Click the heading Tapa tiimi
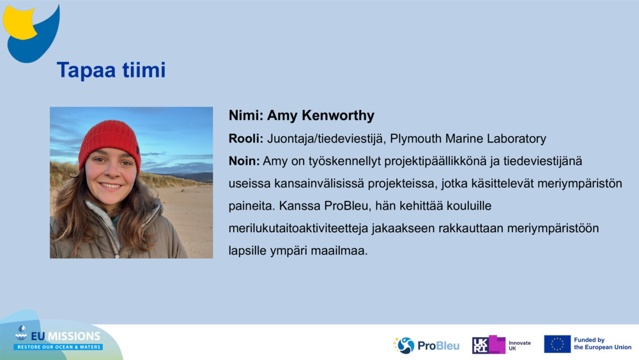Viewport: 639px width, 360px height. pos(111,70)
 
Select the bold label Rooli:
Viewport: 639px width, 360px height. pos(246,139)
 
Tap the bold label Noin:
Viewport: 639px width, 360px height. pos(244,161)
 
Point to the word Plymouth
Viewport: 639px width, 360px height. pos(415,139)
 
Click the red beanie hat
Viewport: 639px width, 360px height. pos(110,143)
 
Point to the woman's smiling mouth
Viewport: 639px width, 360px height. pos(111,185)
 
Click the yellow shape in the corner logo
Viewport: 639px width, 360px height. pos(19,23)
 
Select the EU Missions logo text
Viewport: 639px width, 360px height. pos(66,336)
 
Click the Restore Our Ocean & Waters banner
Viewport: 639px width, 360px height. pos(58,347)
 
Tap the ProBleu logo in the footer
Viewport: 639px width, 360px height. pos(426,346)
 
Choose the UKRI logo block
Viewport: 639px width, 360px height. pos(489,345)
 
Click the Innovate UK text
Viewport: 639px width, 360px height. pos(520,346)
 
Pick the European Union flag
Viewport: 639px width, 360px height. pos(557,344)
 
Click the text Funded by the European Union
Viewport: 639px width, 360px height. pos(603,343)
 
